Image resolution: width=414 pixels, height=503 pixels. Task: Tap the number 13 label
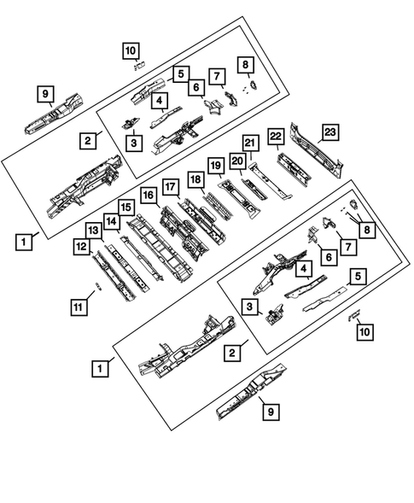(x=93, y=230)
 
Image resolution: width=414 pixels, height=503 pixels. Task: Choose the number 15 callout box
(x=125, y=208)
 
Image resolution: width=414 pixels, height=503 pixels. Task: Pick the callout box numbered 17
(x=171, y=186)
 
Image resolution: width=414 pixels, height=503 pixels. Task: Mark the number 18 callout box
(x=195, y=178)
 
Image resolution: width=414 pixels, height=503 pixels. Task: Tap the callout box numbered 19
(x=216, y=165)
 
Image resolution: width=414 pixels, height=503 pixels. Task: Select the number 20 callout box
(x=237, y=160)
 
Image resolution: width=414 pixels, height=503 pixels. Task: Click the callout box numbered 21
(x=249, y=143)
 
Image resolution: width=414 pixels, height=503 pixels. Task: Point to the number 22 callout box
(x=276, y=137)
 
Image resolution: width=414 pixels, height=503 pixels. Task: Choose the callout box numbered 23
(x=329, y=133)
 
